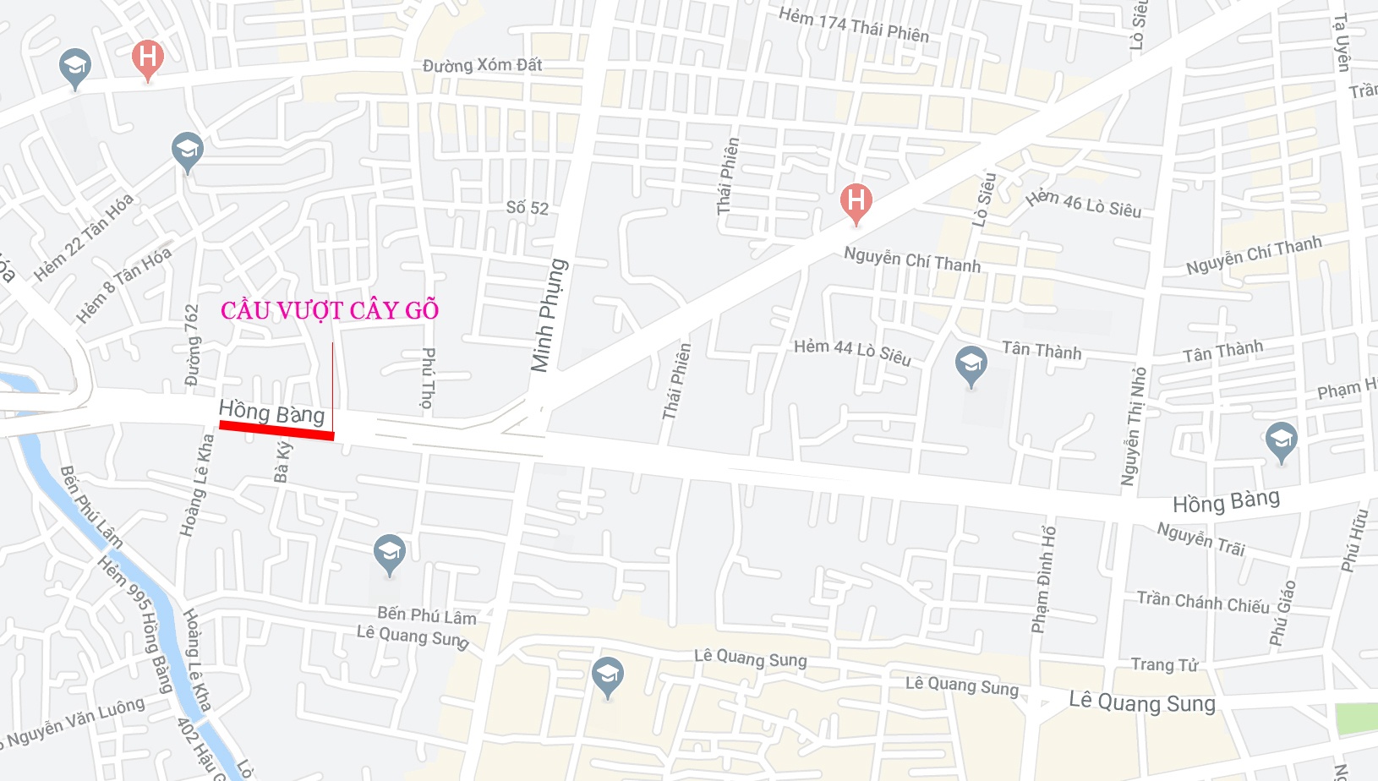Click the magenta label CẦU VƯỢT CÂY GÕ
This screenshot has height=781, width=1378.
[x=330, y=311]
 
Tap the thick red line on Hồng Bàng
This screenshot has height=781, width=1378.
[x=276, y=429]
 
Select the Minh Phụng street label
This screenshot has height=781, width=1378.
[x=549, y=315]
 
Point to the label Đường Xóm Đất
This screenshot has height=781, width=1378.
[x=482, y=65]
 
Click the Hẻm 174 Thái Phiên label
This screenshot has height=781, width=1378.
[x=853, y=25]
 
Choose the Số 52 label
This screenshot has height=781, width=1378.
[x=528, y=207]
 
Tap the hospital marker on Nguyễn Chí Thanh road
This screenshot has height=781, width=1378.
[x=856, y=203]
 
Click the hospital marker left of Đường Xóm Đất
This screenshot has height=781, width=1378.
[x=148, y=59]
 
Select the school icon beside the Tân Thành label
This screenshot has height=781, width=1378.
[x=971, y=365]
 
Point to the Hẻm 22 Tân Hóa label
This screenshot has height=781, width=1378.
[x=84, y=238]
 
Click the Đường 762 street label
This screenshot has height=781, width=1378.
[x=193, y=345]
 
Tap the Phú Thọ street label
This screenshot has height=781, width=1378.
[x=429, y=378]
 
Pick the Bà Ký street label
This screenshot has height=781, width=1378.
[x=283, y=462]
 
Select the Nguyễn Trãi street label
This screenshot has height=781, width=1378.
[x=1200, y=538]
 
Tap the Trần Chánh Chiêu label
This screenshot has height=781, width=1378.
[x=1202, y=602]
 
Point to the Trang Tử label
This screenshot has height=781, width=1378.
[x=1164, y=664]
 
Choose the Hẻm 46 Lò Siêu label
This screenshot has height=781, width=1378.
[x=1083, y=204]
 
